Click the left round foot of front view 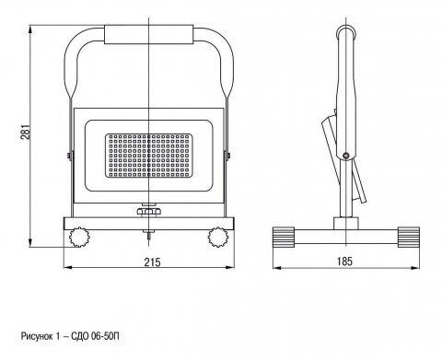(x=77, y=237)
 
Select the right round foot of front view (x=219, y=237)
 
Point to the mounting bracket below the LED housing (x=148, y=211)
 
